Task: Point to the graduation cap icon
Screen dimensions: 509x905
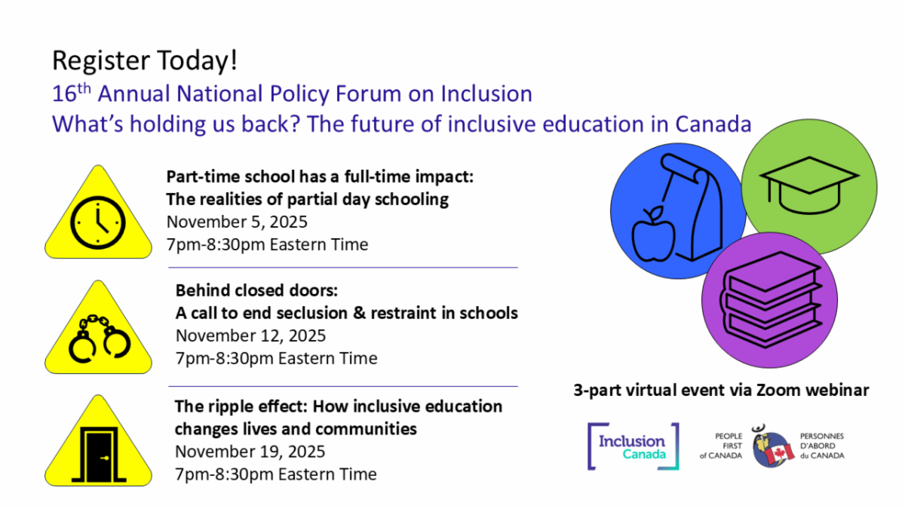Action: pyautogui.click(x=808, y=180)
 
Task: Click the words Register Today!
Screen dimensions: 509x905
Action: pyautogui.click(x=145, y=60)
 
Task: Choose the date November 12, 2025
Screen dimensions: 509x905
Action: pyautogui.click(x=250, y=336)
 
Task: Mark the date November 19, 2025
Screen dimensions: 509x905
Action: pyautogui.click(x=250, y=452)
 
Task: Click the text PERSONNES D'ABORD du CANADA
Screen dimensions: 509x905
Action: pyautogui.click(x=822, y=446)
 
